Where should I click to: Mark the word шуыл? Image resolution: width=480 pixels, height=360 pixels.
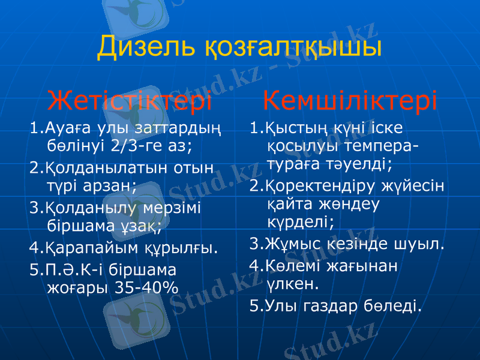point(422,244)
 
